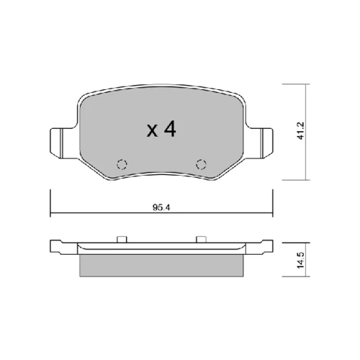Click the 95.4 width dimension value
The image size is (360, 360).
coord(161,207)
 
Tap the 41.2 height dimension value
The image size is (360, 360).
coord(300,130)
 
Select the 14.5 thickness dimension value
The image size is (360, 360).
coord(300,260)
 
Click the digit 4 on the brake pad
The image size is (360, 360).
coord(170,129)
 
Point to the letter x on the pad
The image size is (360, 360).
coord(152,131)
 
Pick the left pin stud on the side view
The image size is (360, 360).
coord(122,239)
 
